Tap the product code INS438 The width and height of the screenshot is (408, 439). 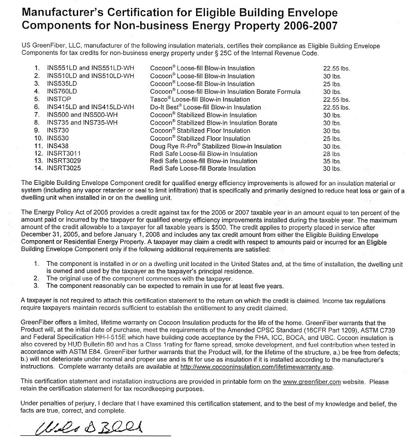(58, 146)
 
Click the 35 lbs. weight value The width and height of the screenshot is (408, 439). (333, 161)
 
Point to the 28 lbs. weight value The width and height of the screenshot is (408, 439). (333, 154)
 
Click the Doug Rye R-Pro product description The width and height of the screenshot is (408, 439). (216, 146)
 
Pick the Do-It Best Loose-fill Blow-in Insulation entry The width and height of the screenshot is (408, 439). (205, 107)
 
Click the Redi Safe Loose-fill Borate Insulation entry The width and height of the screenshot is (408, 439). (203, 169)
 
